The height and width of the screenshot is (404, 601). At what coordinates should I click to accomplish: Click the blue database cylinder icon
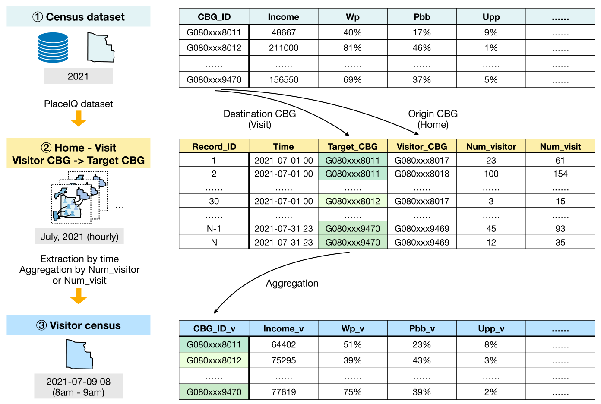click(53, 47)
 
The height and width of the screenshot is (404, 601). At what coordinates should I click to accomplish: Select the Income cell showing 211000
click(283, 48)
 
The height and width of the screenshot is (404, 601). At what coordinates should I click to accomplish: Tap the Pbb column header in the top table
click(422, 17)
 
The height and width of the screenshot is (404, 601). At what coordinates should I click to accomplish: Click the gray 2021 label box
click(78, 76)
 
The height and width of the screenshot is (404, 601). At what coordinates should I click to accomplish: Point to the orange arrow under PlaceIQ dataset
click(78, 118)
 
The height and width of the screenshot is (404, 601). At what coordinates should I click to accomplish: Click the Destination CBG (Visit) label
click(259, 119)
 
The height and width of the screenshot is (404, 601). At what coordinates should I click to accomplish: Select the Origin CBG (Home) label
click(433, 119)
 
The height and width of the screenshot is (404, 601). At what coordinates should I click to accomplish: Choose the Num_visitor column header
click(491, 146)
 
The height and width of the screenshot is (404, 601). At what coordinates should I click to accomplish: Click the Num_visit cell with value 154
click(560, 174)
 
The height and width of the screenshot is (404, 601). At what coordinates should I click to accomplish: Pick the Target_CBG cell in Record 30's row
click(353, 201)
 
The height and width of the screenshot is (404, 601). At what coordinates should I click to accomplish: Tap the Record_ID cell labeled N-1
click(214, 229)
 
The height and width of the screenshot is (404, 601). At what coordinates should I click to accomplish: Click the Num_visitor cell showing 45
click(491, 229)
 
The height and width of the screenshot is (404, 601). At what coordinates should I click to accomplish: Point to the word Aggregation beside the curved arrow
click(292, 283)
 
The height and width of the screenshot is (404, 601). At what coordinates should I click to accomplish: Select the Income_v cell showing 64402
click(283, 344)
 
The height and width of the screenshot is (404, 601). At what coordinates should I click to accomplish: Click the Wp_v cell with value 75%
click(353, 392)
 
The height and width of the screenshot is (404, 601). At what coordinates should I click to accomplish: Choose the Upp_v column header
click(491, 328)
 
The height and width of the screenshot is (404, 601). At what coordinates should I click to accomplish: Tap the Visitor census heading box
click(78, 325)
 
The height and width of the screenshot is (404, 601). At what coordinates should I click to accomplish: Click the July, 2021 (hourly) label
click(79, 237)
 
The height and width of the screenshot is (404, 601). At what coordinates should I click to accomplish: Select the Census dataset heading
click(78, 17)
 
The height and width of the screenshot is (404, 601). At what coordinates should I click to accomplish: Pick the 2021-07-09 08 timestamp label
click(78, 382)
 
